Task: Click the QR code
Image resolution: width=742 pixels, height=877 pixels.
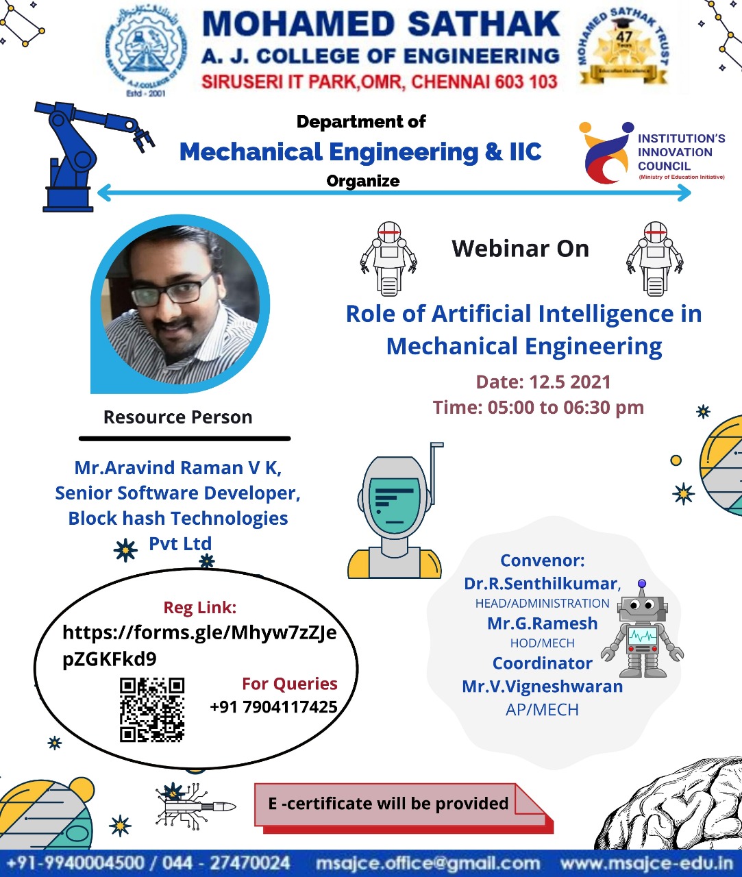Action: [152, 710]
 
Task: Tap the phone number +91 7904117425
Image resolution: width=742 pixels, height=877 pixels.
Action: [273, 707]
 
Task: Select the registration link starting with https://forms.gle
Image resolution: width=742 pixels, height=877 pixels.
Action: [199, 645]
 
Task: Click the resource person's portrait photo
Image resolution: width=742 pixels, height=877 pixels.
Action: [180, 304]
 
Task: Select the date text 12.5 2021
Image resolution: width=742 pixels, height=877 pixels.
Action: [570, 382]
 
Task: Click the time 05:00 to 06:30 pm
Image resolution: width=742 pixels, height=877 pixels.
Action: [565, 407]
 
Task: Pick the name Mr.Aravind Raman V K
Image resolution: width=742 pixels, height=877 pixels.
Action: [177, 468]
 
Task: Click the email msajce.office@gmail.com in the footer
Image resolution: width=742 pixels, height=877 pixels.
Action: [428, 863]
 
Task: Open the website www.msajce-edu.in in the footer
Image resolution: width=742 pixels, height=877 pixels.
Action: [646, 863]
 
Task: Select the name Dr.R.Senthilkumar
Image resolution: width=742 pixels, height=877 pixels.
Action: [542, 584]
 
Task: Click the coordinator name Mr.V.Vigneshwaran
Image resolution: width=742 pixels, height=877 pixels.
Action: [542, 686]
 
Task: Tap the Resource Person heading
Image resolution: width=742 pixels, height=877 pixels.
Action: [177, 417]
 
